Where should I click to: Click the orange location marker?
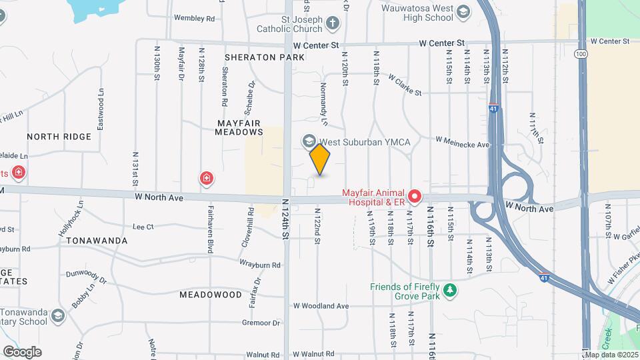point(320,159)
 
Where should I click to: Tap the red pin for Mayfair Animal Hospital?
point(415,196)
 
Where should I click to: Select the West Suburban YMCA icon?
point(309,141)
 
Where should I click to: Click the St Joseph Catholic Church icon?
point(333,23)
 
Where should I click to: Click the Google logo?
point(22,351)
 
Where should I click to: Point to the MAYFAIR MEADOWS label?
point(240,127)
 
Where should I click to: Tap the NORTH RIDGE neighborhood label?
point(59,137)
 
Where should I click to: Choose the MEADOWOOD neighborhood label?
point(211,294)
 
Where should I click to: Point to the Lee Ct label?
point(143,227)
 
